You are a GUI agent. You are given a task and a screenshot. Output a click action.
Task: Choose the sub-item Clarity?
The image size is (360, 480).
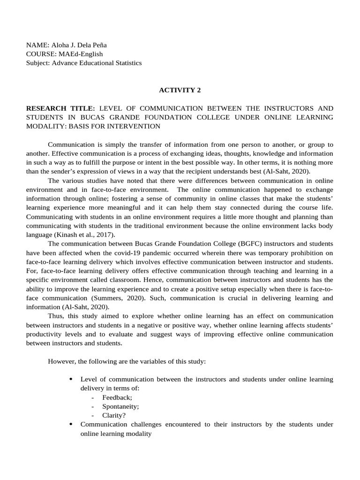(x=114, y=415)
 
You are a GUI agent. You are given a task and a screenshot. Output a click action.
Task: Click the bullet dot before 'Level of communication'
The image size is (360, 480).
(x=71, y=379)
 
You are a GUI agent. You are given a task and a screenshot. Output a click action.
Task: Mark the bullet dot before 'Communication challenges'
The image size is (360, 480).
(x=71, y=424)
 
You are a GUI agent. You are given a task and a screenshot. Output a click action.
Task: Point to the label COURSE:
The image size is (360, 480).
(x=40, y=54)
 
